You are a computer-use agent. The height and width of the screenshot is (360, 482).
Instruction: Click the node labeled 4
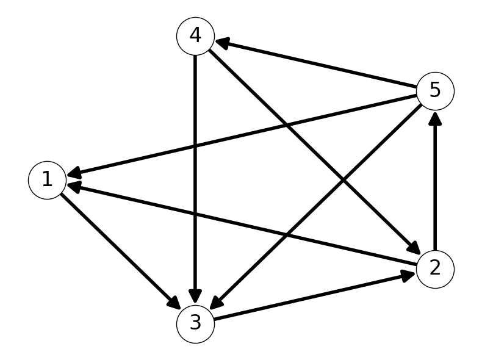pyautogui.click(x=195, y=36)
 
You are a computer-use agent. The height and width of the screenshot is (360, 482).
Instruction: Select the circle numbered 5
pyautogui.click(x=435, y=91)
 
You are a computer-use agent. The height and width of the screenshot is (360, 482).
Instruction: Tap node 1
pyautogui.click(x=48, y=180)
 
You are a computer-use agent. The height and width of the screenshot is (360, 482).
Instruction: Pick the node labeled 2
pyautogui.click(x=435, y=269)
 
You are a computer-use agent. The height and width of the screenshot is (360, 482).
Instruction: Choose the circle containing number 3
pyautogui.click(x=195, y=324)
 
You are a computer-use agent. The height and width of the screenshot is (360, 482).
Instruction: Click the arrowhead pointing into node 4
pyautogui.click(x=222, y=43)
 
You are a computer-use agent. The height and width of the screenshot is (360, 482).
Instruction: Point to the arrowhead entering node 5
pyautogui.click(x=435, y=119)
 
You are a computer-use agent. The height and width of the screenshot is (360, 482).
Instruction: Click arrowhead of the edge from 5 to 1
pyautogui.click(x=74, y=173)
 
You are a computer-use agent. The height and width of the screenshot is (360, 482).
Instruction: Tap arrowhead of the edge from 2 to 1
pyautogui.click(x=74, y=187)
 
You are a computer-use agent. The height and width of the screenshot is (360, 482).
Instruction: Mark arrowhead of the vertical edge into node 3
pyautogui.click(x=195, y=296)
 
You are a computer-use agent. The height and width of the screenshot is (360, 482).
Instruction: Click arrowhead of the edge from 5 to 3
pyautogui.click(x=217, y=302)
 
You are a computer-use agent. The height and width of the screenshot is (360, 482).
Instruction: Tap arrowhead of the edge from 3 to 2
pyautogui.click(x=408, y=275)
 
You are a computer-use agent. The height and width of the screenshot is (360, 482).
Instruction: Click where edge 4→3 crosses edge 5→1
pyautogui.click(x=195, y=146)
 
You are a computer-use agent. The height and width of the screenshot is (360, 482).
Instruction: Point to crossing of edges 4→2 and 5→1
pyautogui.click(x=286, y=125)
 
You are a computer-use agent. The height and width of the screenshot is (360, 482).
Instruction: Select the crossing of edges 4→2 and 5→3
pyautogui.click(x=342, y=180)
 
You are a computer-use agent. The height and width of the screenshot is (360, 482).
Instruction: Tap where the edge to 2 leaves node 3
pyautogui.click(x=214, y=320)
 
